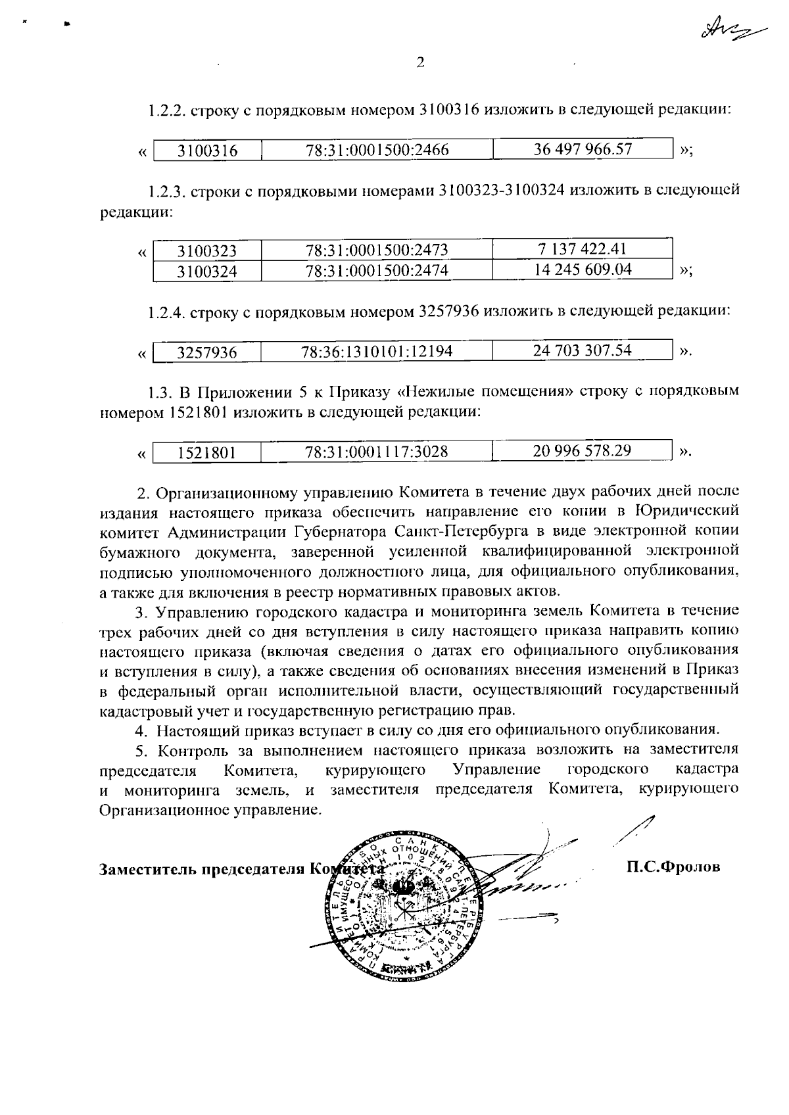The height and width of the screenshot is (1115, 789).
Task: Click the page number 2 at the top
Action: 420,62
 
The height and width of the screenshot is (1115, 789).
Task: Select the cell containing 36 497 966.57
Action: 583,149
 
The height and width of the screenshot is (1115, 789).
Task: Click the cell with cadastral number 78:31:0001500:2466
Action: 377,151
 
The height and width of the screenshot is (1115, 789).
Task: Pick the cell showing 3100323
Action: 207,251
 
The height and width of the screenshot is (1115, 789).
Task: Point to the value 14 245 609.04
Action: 583,270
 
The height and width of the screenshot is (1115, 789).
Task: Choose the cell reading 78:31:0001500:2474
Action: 377,271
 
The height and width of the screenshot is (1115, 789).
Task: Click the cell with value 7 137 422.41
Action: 583,249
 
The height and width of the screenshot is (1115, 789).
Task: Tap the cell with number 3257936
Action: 207,352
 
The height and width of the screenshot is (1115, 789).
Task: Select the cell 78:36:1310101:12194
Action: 377,352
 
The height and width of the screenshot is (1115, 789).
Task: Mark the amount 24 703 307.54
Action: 583,350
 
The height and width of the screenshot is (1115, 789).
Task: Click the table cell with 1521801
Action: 207,452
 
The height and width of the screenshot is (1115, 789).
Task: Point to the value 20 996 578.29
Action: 583,451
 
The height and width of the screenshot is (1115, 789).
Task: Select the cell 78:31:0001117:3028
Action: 377,452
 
